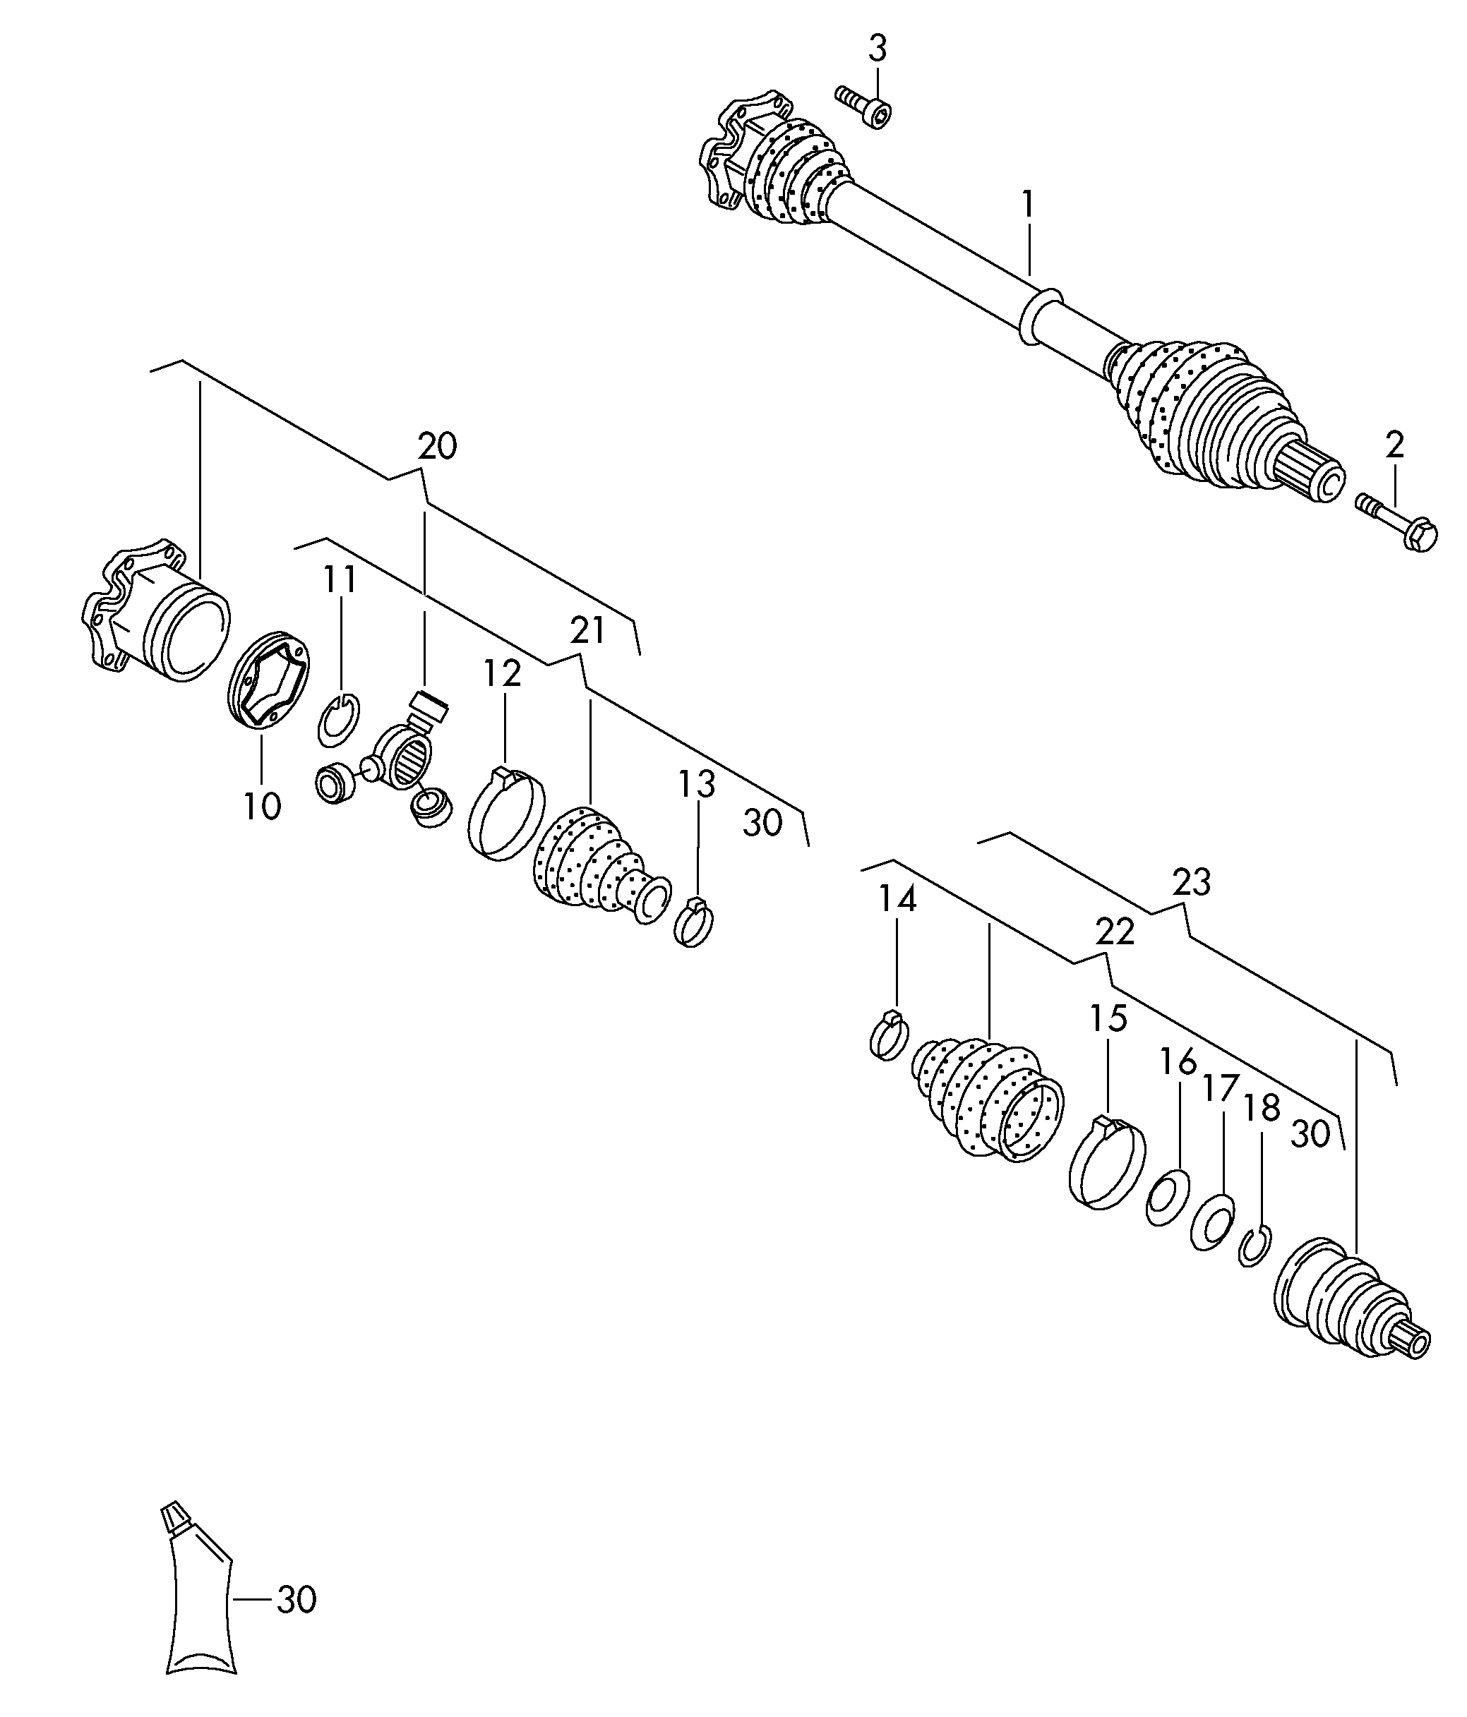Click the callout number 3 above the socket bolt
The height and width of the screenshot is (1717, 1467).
coord(876,49)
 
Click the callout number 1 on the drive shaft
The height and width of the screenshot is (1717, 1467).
coord(1028,205)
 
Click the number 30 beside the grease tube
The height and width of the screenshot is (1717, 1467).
coord(296,1599)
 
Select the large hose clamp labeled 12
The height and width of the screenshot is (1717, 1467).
coord(505,812)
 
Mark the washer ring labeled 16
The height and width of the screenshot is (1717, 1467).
coord(1168,1198)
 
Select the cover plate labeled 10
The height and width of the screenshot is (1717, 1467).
coord(268,681)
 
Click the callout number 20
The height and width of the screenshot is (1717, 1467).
coord(437,447)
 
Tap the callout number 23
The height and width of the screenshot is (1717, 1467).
coord(1191,883)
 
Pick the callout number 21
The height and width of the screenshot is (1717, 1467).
coord(587,631)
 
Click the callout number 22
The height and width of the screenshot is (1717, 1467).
coord(1114,933)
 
